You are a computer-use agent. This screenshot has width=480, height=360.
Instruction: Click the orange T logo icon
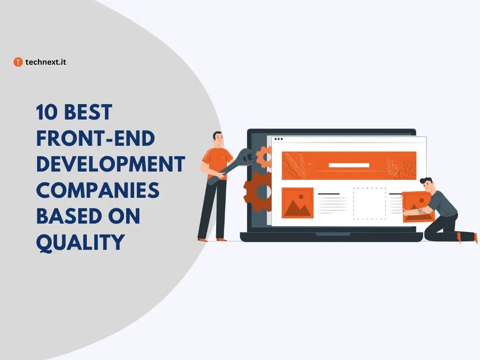[x=18, y=62]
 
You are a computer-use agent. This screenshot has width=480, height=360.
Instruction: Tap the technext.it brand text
[x=46, y=62]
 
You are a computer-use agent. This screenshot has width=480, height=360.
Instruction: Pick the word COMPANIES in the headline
[x=97, y=190]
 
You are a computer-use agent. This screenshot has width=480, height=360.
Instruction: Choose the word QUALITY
[x=80, y=242]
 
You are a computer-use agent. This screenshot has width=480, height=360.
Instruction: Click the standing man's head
[x=217, y=137]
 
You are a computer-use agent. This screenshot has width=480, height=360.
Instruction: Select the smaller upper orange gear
[x=264, y=157]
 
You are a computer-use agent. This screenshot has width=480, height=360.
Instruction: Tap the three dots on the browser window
[x=278, y=139]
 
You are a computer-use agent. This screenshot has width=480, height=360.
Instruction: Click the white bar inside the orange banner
[x=349, y=165]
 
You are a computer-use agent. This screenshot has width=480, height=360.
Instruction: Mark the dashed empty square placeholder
[x=369, y=203]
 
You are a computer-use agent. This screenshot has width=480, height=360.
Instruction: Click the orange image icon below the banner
[x=298, y=203]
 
